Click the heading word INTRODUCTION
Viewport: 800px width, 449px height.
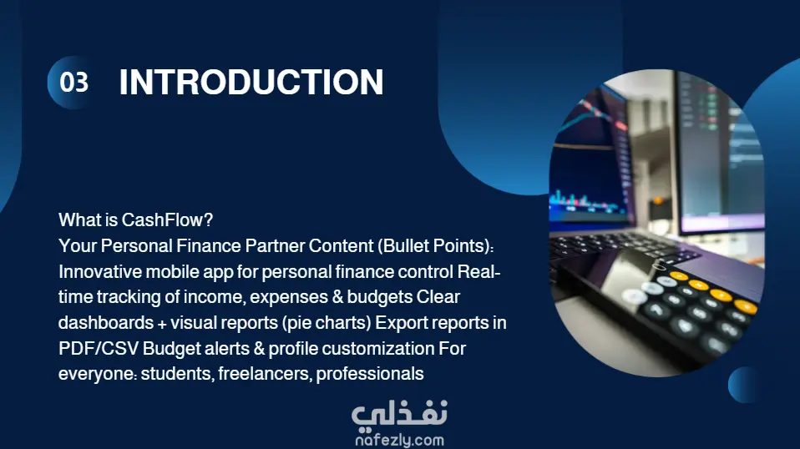tap(251, 82)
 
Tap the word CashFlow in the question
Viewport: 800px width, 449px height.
tap(162, 220)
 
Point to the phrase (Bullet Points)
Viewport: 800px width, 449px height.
tap(435, 246)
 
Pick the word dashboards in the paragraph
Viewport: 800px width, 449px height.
tap(106, 323)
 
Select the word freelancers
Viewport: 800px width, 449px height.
tap(263, 374)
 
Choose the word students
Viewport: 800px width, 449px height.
tap(175, 374)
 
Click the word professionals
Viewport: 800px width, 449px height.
tap(370, 374)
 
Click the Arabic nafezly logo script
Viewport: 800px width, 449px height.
tap(399, 413)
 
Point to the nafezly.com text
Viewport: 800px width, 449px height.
tap(399, 440)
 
